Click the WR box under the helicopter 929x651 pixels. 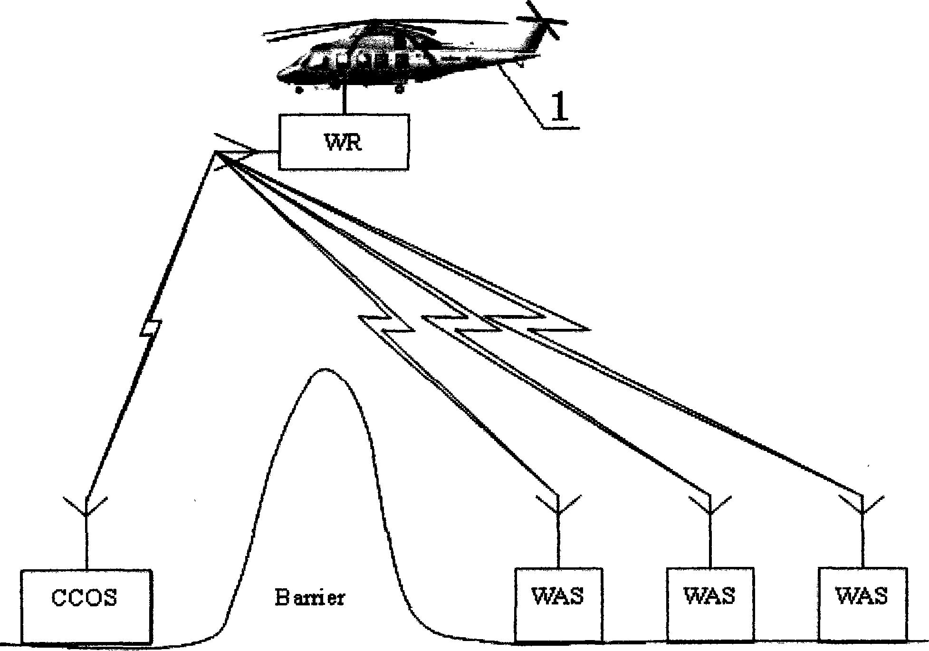pos(343,142)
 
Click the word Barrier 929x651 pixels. pos(310,597)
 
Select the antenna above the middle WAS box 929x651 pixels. pos(710,507)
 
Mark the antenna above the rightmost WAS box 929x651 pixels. pos(862,506)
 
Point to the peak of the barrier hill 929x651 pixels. pos(325,369)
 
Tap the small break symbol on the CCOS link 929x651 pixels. pos(151,328)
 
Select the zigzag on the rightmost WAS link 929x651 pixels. pos(537,323)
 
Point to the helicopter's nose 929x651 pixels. pos(280,76)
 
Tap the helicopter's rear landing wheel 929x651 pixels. pos(399,88)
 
